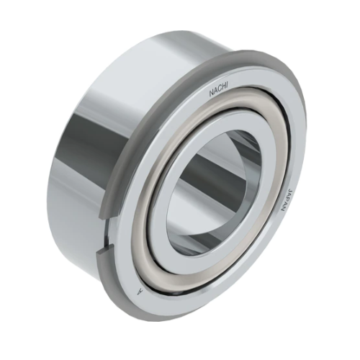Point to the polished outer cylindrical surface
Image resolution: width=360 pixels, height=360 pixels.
pos(79,144)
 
